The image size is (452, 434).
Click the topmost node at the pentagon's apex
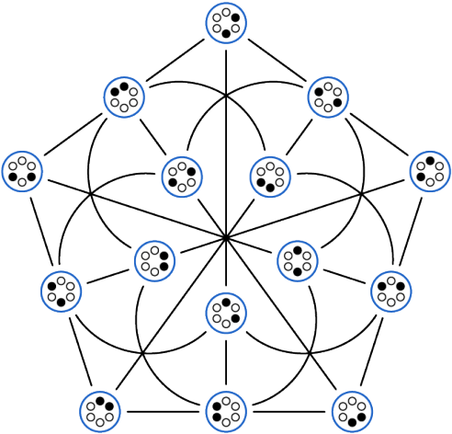click(x=225, y=23)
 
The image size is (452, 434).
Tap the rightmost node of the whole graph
click(x=428, y=171)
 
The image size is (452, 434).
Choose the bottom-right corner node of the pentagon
click(x=350, y=409)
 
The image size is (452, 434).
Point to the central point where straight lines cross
click(x=225, y=238)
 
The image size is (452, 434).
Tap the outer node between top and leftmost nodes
click(x=125, y=95)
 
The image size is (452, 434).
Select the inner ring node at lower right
click(x=296, y=260)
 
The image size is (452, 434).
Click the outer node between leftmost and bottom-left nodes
click(x=61, y=291)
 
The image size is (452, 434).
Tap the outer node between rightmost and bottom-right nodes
click(x=390, y=291)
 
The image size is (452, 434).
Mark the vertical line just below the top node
click(x=225, y=64)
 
